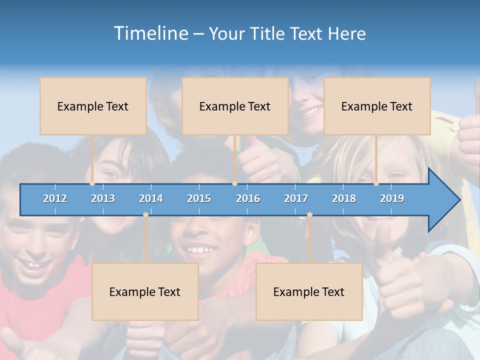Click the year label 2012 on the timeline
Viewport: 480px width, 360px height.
click(55, 198)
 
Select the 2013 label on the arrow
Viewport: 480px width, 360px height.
click(103, 198)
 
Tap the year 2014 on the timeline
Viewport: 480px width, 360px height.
click(151, 198)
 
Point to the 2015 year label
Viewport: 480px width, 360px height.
click(199, 198)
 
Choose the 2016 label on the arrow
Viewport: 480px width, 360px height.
click(248, 198)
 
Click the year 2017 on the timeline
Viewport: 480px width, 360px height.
click(296, 198)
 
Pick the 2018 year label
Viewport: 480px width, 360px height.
click(344, 198)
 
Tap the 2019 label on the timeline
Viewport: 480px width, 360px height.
click(392, 198)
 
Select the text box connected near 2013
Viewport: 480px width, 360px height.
click(93, 106)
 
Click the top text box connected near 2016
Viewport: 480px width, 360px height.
click(235, 106)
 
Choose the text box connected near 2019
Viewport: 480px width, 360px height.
click(377, 106)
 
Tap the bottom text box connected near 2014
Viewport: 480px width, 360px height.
click(145, 291)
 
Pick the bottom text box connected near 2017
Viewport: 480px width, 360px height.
click(309, 291)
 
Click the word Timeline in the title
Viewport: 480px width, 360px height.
click(150, 33)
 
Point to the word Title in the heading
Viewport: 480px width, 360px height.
click(269, 33)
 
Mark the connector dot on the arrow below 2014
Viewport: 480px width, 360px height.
click(145, 214)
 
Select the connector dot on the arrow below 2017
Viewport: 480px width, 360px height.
click(309, 214)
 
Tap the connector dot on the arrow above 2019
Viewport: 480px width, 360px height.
click(376, 183)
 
